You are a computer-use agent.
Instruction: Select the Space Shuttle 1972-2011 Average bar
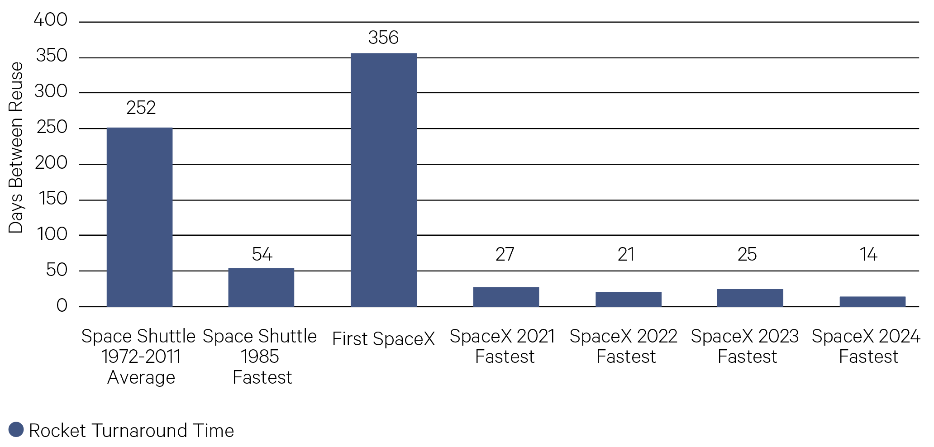pos(139,217)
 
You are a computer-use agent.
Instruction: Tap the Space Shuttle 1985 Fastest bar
pos(261,287)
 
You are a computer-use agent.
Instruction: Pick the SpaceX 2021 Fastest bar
pos(506,297)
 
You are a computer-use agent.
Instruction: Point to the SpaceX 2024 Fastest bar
pos(872,302)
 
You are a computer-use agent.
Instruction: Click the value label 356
pos(383,38)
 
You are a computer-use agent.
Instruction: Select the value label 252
pos(141,108)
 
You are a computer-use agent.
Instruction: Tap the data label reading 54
pos(262,254)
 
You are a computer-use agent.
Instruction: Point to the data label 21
pos(626,254)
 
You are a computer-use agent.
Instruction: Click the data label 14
pos(868,254)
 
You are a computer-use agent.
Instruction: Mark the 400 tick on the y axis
pos(51,20)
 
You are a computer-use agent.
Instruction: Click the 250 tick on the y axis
pos(52,127)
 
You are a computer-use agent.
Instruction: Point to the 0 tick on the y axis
pos(62,306)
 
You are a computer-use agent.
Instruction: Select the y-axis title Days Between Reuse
pos(16,147)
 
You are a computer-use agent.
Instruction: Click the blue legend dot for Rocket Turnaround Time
pos(16,430)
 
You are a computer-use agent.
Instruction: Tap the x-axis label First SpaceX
pos(383,339)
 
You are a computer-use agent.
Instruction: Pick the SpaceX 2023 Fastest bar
pos(750,298)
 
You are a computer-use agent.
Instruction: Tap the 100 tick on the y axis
pos(52,234)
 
